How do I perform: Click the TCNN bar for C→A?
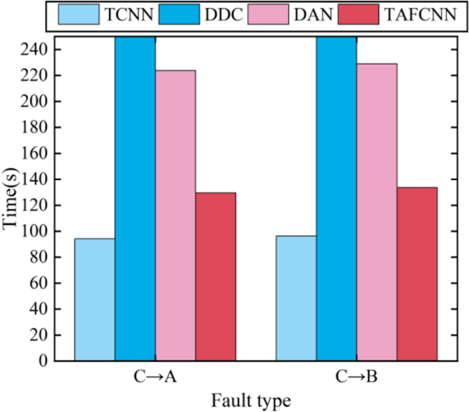tap(94, 299)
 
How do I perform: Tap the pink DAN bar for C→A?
tap(176, 215)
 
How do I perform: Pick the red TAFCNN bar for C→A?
tap(216, 277)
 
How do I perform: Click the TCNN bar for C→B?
tap(296, 298)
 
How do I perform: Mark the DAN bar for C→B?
tap(377, 214)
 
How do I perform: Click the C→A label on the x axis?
tap(155, 378)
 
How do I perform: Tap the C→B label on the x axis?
tap(356, 378)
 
